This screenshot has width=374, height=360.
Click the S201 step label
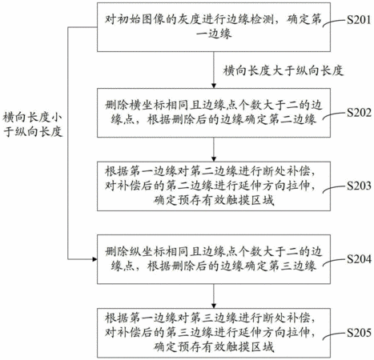tap(359, 20)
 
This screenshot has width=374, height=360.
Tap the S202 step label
tap(359, 113)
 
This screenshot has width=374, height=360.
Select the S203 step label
tap(359, 186)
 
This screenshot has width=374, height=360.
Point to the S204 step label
tap(359, 259)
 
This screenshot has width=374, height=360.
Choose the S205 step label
tap(359, 333)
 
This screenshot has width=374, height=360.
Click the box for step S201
tap(214, 27)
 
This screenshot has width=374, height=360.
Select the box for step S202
tap(214, 113)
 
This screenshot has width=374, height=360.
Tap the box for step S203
tap(214, 186)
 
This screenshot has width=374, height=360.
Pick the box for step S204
tap(214, 259)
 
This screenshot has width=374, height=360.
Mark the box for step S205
tap(214, 333)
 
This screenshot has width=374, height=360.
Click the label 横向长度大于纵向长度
tap(284, 71)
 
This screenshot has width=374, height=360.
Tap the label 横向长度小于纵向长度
tap(33, 125)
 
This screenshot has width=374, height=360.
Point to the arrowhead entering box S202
tap(214, 86)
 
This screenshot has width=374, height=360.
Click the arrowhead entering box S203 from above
tap(214, 159)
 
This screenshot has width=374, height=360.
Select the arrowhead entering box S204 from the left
tap(95, 259)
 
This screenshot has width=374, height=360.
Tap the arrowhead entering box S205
tap(214, 306)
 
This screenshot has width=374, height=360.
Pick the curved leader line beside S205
tap(334, 335)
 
